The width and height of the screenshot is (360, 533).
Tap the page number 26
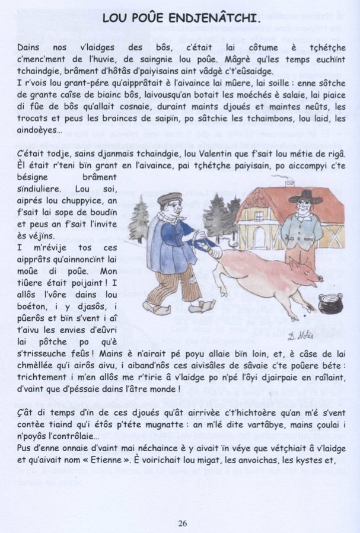point(182,522)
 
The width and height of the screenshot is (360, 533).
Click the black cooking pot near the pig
point(330,302)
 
